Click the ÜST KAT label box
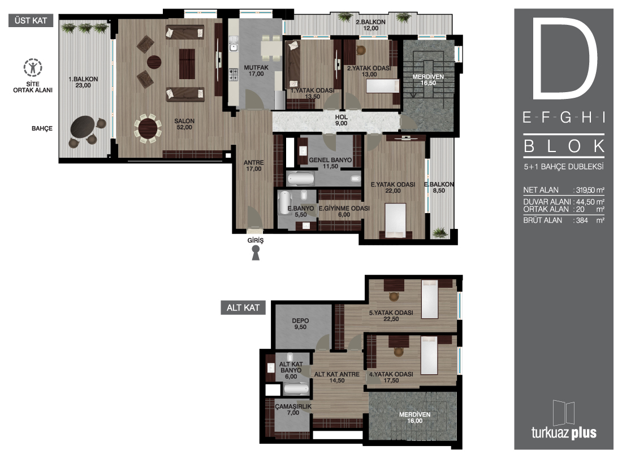(31, 20)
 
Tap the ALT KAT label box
(243, 308)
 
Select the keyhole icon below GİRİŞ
(256, 253)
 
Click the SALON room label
(184, 124)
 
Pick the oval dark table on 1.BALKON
(83, 126)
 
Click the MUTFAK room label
(256, 71)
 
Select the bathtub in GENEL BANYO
(301, 179)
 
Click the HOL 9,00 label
(341, 120)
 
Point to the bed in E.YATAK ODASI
(395, 220)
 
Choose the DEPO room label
(300, 324)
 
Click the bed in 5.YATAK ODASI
(430, 299)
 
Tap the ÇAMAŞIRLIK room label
(293, 409)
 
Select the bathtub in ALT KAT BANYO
(296, 389)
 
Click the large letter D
(564, 58)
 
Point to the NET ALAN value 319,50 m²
(590, 190)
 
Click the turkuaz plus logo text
(564, 432)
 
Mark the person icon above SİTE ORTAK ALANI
(33, 68)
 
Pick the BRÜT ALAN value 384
(582, 220)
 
